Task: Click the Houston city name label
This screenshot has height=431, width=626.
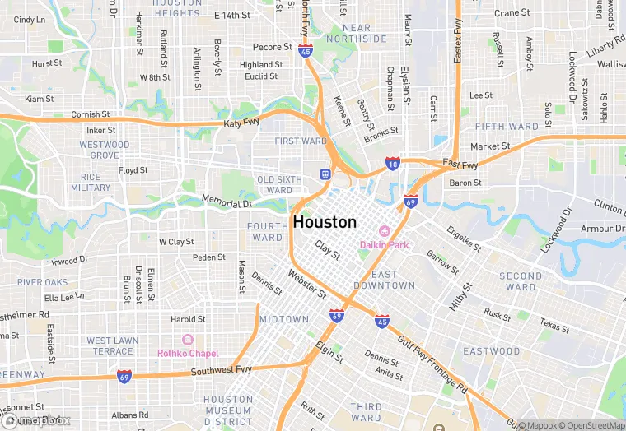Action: pos(325,222)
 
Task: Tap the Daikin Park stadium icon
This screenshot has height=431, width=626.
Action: pos(384,231)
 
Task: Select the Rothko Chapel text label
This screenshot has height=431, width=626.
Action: pos(188,353)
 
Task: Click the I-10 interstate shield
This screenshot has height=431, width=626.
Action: pos(394,165)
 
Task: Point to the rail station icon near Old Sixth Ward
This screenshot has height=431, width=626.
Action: pos(325,174)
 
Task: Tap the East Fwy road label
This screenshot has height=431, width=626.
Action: pos(460,164)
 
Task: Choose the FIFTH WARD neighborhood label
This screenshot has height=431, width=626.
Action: pos(507,127)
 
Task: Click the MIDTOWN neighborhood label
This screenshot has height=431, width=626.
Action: pos(284,319)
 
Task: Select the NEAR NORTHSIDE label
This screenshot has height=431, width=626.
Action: pos(357,33)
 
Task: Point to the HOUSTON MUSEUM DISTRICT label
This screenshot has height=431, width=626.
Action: pos(228,410)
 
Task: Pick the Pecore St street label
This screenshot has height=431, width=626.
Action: pos(273,47)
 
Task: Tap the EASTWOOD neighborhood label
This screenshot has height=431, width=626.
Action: pos(492,351)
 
